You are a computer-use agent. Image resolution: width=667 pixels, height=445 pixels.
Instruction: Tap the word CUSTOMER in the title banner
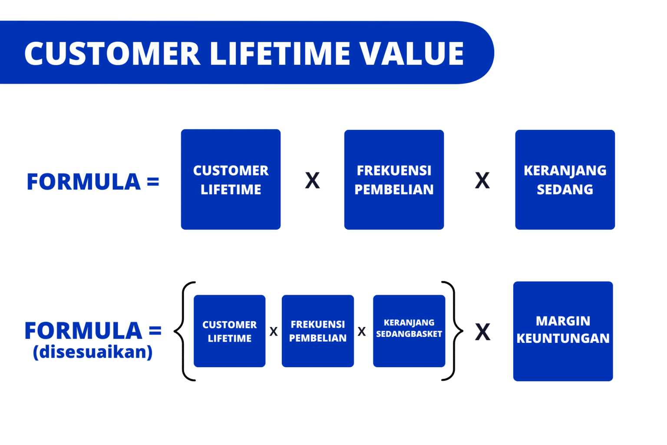click(112, 53)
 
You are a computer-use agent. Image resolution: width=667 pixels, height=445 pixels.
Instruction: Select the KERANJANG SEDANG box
click(565, 179)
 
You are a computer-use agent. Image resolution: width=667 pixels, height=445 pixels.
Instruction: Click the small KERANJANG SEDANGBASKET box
click(409, 331)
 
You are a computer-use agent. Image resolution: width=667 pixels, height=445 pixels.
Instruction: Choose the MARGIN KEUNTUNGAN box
click(563, 331)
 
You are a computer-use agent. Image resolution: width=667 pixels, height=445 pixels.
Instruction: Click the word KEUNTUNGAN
click(563, 339)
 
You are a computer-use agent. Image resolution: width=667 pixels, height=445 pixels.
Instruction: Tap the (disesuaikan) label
click(92, 352)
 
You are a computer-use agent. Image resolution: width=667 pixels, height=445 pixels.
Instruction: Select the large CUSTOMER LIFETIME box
click(231, 179)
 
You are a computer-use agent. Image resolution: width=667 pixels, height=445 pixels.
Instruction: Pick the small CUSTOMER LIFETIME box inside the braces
click(229, 331)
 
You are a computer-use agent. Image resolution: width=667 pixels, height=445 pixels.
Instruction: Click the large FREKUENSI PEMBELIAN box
click(394, 179)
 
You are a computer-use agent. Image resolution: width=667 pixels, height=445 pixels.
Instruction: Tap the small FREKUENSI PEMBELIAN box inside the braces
click(317, 331)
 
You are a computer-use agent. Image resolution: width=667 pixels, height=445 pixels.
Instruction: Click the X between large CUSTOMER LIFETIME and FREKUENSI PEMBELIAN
click(312, 180)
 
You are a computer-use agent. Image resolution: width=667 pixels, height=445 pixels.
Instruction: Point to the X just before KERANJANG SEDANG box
click(482, 180)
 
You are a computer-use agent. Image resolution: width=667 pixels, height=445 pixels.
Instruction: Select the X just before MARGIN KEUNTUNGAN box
click(482, 332)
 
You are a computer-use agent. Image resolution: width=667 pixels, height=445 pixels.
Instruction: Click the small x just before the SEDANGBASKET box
click(361, 332)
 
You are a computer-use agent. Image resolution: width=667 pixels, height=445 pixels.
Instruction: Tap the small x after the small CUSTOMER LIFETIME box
click(274, 332)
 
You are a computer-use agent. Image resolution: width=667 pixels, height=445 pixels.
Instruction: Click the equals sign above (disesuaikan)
click(155, 331)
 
